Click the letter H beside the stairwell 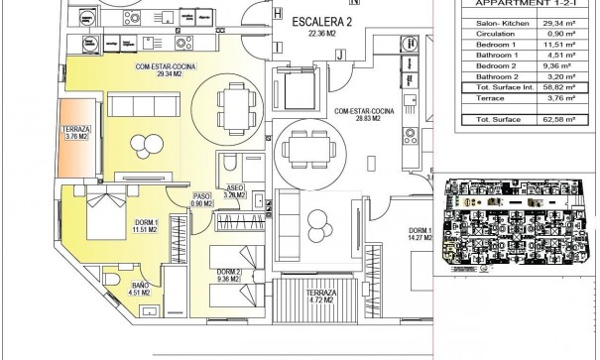click(282, 15)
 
